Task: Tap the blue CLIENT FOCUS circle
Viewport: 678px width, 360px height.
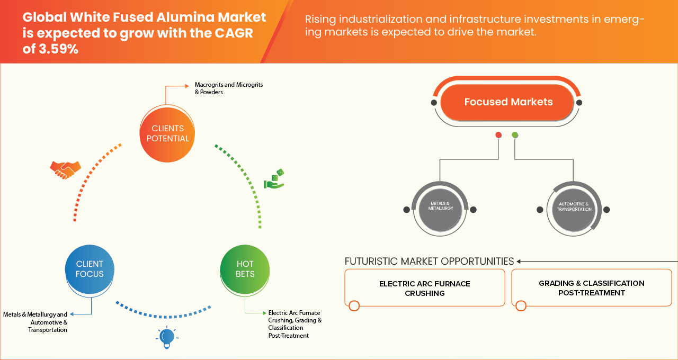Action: click(90, 269)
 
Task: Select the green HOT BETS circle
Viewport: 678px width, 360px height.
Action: click(245, 269)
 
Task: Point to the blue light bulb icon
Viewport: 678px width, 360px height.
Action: click(166, 337)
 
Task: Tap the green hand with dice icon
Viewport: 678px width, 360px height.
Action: click(274, 179)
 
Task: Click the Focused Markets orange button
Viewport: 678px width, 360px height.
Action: click(508, 102)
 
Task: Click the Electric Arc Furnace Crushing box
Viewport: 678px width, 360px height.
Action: click(424, 288)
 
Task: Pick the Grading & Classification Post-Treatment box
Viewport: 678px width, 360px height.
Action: click(591, 288)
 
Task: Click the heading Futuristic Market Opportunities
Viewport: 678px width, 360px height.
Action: click(429, 262)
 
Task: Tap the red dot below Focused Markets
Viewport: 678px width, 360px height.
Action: click(498, 135)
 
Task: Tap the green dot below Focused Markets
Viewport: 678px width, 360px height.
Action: click(515, 135)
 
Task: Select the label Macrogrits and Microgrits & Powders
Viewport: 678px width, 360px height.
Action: click(228, 88)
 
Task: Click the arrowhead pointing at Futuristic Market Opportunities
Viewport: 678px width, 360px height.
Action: click(519, 262)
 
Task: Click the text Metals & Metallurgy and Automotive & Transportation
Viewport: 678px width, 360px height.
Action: click(35, 322)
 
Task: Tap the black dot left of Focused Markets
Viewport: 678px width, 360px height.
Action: click(434, 103)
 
